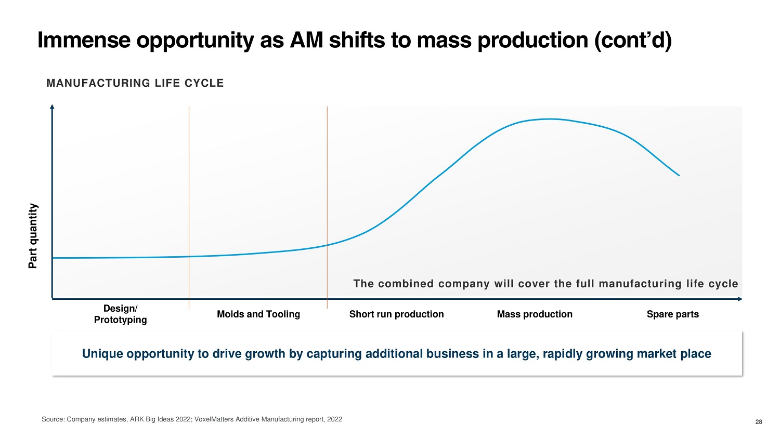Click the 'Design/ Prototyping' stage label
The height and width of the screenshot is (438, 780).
pyautogui.click(x=120, y=314)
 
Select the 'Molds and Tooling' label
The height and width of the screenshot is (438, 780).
pyautogui.click(x=258, y=314)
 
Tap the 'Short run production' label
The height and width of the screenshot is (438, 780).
pyautogui.click(x=396, y=314)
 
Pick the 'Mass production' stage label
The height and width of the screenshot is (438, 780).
pyautogui.click(x=535, y=314)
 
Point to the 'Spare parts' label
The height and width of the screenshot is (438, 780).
pyautogui.click(x=672, y=314)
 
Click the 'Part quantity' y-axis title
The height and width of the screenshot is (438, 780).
pyautogui.click(x=33, y=236)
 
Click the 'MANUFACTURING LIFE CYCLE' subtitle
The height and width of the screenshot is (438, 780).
pyautogui.click(x=135, y=83)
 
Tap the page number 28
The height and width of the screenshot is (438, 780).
pyautogui.click(x=759, y=422)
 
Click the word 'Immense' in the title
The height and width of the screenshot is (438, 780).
pyautogui.click(x=83, y=41)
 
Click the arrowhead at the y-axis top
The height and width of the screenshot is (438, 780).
pyautogui.click(x=52, y=107)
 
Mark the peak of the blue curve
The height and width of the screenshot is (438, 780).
pyautogui.click(x=549, y=119)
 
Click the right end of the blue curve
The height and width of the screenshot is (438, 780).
pyautogui.click(x=679, y=175)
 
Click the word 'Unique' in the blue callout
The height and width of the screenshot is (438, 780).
pyautogui.click(x=102, y=354)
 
